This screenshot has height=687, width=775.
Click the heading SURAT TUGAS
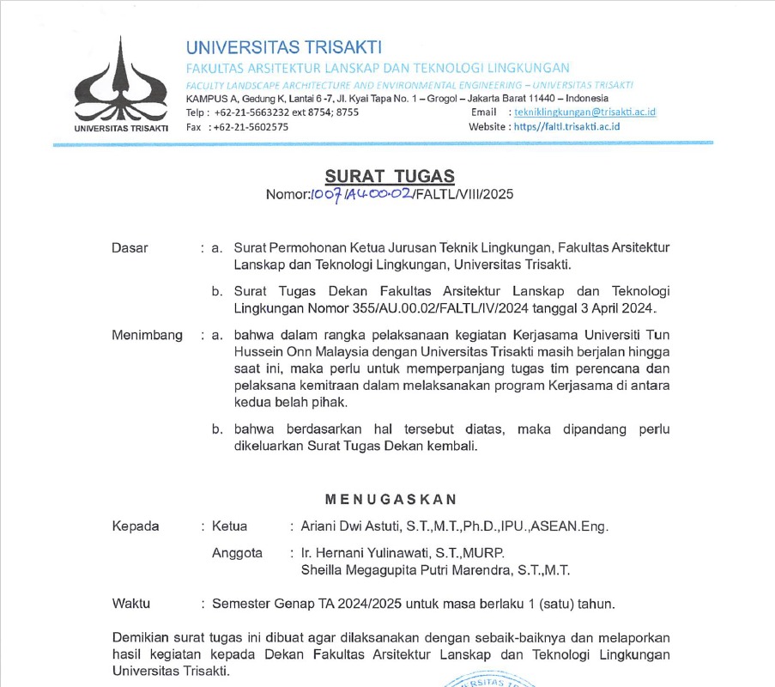389,177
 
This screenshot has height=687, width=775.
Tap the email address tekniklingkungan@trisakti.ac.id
584,112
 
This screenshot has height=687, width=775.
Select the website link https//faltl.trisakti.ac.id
566,126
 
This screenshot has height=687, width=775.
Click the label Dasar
130,248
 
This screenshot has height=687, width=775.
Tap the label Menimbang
147,335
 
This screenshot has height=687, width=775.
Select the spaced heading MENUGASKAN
391,499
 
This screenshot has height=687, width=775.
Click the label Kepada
136,526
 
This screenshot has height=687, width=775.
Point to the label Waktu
131,604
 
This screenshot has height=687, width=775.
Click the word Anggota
237,553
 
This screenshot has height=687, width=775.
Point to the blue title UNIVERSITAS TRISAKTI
284,47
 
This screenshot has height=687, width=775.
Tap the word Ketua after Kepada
229,526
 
